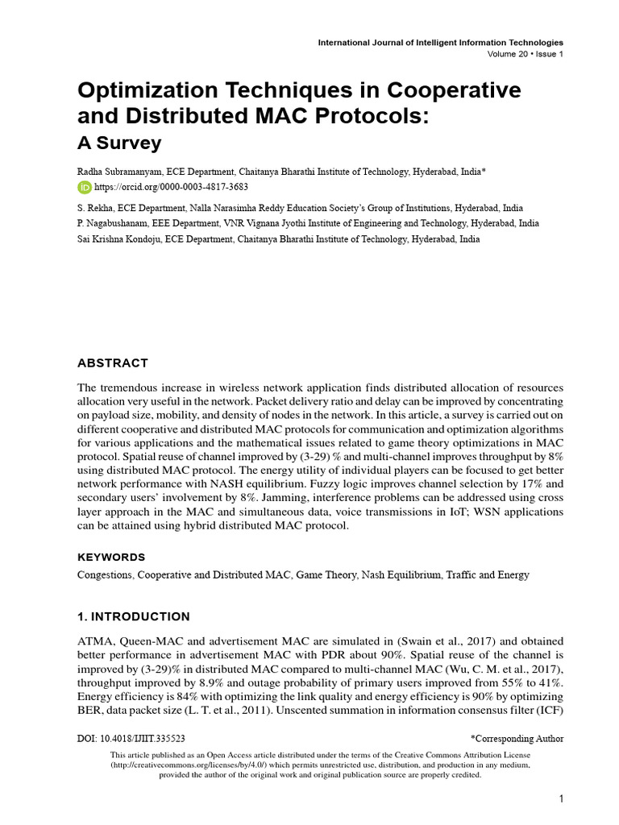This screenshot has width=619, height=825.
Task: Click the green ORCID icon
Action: [x=85, y=187]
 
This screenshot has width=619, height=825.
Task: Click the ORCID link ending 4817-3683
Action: [x=160, y=187]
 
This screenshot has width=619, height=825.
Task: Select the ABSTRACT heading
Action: [x=113, y=363]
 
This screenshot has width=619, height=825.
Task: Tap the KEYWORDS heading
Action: [x=111, y=557]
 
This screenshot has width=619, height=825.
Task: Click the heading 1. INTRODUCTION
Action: [x=134, y=617]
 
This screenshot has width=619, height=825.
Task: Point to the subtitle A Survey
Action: [x=119, y=143]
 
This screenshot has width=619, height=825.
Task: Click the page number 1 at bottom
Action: [x=560, y=798]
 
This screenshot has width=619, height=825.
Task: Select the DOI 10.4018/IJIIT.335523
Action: [x=131, y=738]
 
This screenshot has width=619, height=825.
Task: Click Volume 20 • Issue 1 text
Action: [x=526, y=54]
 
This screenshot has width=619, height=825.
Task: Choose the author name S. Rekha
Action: [x=96, y=208]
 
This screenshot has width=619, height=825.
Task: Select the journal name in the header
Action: [x=440, y=42]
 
